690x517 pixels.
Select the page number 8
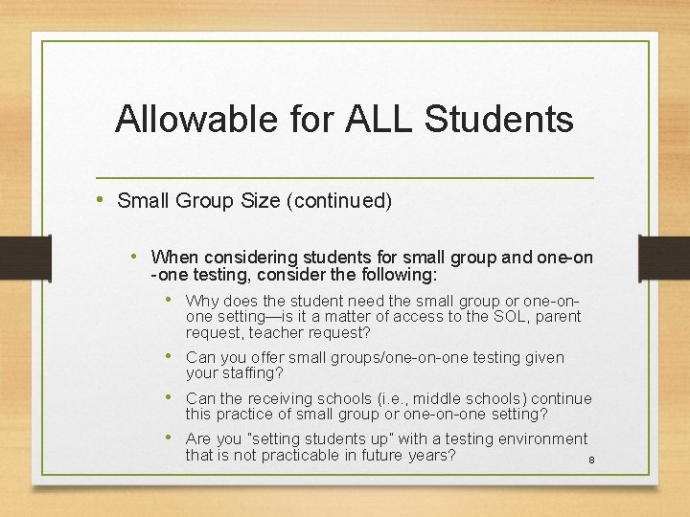(x=591, y=461)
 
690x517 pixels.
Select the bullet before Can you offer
(x=170, y=356)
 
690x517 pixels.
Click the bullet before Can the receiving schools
(x=170, y=396)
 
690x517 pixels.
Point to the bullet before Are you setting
(x=170, y=438)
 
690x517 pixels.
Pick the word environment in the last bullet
(x=541, y=438)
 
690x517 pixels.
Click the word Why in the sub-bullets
(x=202, y=300)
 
